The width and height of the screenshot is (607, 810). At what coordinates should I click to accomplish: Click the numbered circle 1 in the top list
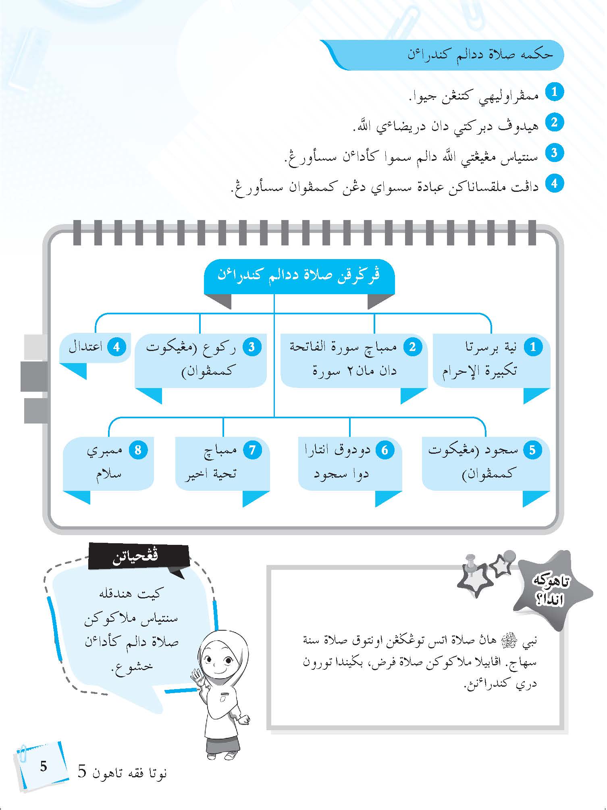[554, 92]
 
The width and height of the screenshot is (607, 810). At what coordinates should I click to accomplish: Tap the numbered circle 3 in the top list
[554, 153]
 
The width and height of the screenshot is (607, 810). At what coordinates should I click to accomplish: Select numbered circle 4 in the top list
[554, 183]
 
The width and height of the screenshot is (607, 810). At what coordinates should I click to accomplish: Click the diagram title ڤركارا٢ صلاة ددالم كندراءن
[299, 276]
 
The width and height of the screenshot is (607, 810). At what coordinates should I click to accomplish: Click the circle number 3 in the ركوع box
[251, 347]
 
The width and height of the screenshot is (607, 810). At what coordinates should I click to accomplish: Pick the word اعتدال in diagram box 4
[85, 347]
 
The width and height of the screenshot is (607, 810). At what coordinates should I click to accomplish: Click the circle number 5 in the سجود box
[532, 450]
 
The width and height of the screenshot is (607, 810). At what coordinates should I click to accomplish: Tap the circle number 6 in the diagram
[385, 450]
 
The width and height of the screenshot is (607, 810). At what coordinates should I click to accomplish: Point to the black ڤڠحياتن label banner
[137, 556]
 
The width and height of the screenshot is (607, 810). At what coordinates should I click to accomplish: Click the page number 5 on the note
[44, 766]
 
